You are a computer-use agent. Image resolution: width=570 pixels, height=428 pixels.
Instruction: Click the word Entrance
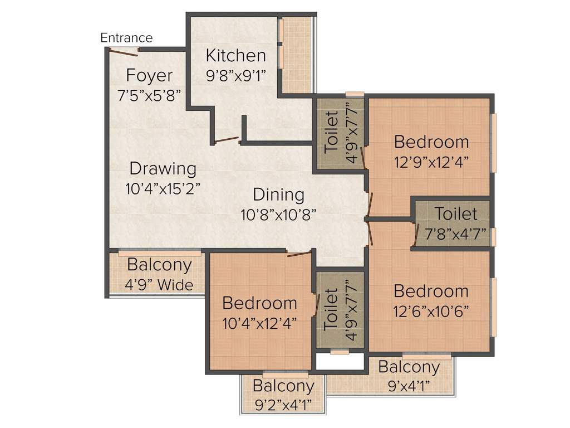click(126, 38)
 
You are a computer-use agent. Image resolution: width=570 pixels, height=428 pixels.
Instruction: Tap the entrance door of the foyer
click(124, 52)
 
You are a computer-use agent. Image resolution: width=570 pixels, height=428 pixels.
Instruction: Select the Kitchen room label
click(235, 56)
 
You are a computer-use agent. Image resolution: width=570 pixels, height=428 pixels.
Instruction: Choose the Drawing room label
click(163, 168)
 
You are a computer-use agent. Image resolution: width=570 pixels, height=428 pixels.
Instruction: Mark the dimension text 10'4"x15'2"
click(163, 188)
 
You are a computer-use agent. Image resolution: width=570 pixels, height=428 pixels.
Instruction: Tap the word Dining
click(278, 195)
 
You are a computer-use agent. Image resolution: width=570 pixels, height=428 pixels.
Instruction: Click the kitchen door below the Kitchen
click(227, 139)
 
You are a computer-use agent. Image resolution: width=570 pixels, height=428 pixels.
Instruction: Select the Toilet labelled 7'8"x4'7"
click(456, 214)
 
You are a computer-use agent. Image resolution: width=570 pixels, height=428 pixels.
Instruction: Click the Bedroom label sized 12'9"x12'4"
click(431, 142)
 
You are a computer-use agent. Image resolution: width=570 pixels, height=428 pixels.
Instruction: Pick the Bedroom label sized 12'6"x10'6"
click(431, 291)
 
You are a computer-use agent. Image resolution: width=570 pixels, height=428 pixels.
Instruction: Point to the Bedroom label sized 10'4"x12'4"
click(259, 304)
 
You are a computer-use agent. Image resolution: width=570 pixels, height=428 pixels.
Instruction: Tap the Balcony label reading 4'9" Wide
click(159, 265)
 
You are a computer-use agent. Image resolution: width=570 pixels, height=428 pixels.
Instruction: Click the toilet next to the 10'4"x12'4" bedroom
click(340, 312)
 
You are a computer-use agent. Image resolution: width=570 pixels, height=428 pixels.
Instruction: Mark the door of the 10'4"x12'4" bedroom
click(299, 254)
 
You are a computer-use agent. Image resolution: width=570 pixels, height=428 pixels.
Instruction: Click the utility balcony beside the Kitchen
click(296, 56)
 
